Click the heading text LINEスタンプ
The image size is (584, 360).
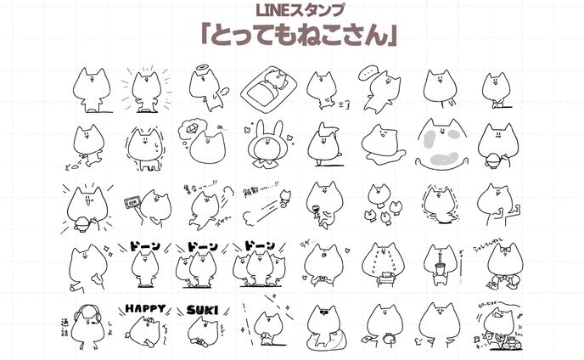click(x=291, y=11)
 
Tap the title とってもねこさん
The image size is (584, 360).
click(x=291, y=37)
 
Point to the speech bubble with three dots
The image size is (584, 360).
click(x=366, y=73)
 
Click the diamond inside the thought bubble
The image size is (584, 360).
click(x=191, y=127)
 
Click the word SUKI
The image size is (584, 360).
click(x=202, y=307)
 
